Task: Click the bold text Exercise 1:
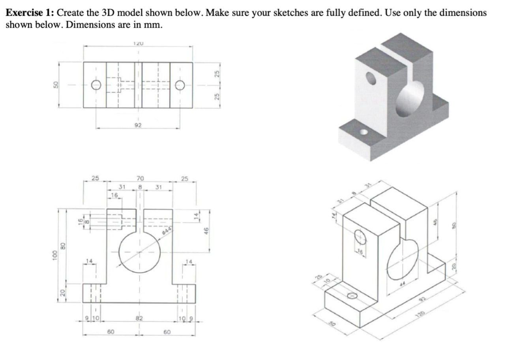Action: pos(30,13)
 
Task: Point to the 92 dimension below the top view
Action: pos(138,126)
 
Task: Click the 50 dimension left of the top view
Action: pos(56,84)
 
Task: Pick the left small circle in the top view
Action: pos(95,84)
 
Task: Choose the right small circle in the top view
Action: pos(180,84)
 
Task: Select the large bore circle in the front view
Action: pos(139,251)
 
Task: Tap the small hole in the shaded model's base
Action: pos(364,132)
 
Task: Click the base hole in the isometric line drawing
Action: pos(352,296)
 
